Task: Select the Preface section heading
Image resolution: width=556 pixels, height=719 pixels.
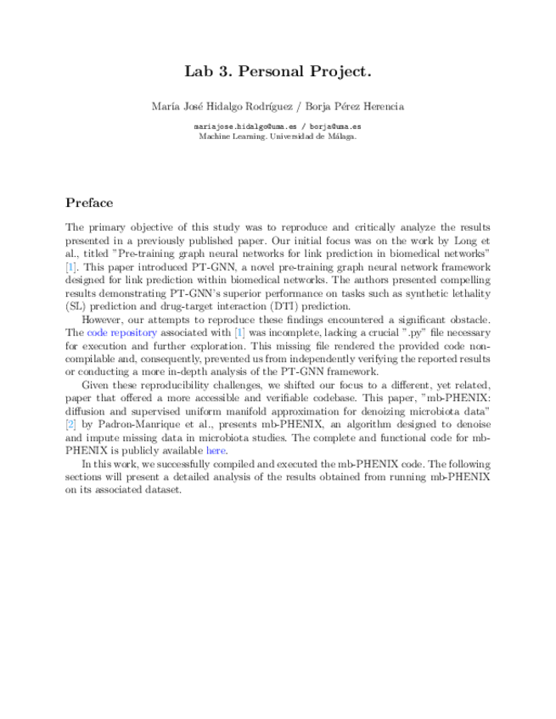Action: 89,203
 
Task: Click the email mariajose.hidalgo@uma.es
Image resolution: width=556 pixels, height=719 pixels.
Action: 238,126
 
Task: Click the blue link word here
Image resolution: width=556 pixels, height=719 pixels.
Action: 216,451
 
